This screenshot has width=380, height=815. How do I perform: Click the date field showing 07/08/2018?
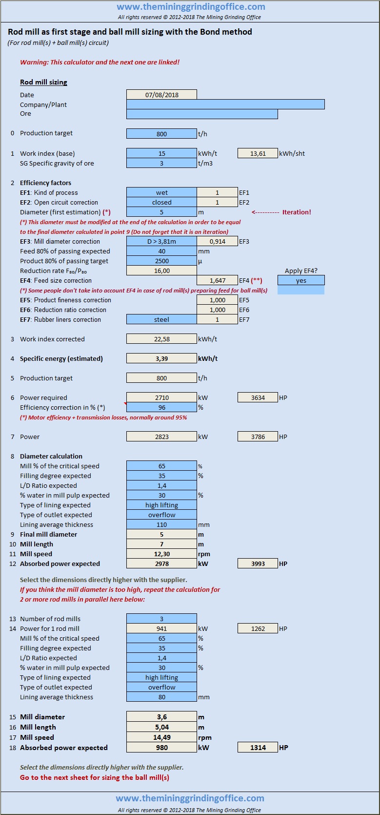[161, 95]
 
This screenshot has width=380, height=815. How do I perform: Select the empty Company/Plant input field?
[225, 104]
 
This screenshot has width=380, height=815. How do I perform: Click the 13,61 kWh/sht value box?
[258, 153]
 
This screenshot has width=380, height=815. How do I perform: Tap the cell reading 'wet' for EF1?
[161, 192]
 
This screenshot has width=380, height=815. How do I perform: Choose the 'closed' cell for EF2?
[161, 202]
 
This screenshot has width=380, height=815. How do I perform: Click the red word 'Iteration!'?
[297, 212]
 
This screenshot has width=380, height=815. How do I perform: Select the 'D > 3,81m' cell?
[161, 241]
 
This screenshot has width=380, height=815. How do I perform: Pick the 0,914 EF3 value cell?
[217, 241]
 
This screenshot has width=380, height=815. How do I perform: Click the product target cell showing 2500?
[161, 261]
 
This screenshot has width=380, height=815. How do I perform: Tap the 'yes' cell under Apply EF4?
[301, 280]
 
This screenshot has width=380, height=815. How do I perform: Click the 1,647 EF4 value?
[217, 280]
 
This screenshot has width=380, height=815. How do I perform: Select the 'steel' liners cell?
[161, 319]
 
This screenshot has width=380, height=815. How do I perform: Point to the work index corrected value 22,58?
[161, 339]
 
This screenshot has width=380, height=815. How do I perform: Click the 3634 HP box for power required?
[258, 397]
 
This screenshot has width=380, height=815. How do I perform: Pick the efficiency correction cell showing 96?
[161, 407]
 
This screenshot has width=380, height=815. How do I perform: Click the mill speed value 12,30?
[161, 554]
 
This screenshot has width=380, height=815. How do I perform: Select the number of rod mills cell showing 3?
[161, 619]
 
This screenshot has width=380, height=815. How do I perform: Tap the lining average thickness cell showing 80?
[161, 697]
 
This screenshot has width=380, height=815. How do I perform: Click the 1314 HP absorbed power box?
[258, 747]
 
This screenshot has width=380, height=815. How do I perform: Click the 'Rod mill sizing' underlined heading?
[43, 82]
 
